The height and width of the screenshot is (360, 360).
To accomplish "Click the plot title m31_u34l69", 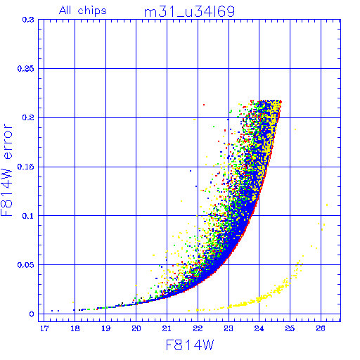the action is tap(189, 12).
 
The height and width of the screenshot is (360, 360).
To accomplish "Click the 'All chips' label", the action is tap(83, 11).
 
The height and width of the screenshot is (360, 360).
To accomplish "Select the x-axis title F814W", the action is tap(190, 345).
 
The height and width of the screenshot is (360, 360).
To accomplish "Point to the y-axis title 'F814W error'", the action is tap(6, 169).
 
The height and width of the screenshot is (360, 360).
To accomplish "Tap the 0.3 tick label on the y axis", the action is tap(28, 20).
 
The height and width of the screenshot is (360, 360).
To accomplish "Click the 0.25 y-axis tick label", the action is tap(25, 69).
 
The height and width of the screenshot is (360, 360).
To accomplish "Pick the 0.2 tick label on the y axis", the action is tap(28, 117).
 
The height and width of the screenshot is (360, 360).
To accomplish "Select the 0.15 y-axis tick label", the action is tap(25, 167).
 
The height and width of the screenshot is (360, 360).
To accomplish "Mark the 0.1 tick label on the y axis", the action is tap(28, 216).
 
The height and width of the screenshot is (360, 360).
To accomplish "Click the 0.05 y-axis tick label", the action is tap(25, 265).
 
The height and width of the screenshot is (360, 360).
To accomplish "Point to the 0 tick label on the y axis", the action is tap(32, 314).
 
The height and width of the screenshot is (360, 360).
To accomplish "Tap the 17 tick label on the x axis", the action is tap(44, 328).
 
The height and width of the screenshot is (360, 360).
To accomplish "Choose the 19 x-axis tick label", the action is tap(105, 328).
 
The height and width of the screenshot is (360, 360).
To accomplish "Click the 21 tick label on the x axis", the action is tap(167, 328).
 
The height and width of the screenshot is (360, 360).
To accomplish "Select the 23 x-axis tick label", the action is tap(229, 328).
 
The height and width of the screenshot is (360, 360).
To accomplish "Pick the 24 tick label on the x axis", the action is tap(259, 328).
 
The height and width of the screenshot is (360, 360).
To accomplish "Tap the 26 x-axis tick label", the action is tap(321, 328).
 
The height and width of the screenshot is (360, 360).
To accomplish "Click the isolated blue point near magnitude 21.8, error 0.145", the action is tap(191, 171).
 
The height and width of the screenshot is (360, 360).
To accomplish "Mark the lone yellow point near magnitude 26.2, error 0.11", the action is tap(327, 205).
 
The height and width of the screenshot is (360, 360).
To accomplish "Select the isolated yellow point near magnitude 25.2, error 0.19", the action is tap(295, 129).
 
